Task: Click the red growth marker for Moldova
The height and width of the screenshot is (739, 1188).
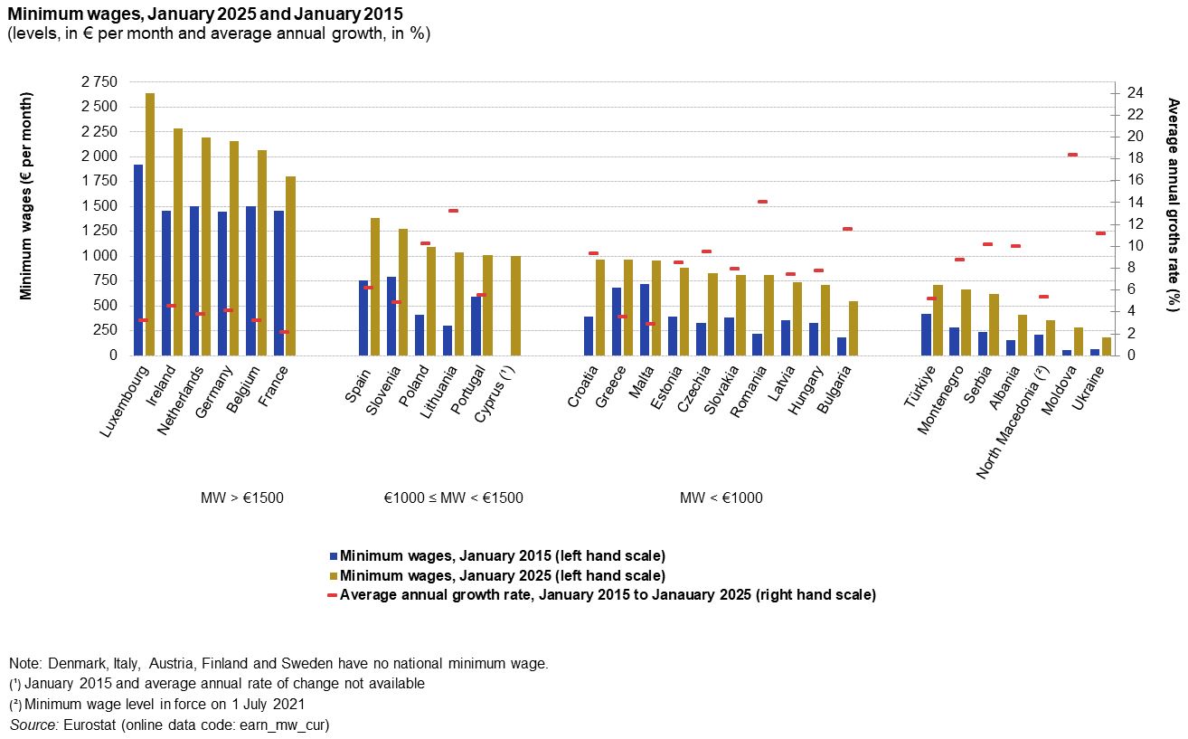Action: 1072,155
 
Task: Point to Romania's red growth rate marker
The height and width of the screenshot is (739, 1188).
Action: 762,202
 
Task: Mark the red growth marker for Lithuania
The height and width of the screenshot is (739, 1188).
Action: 453,211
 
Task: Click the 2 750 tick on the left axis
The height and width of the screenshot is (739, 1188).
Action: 99,82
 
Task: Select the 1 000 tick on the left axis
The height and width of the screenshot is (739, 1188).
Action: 99,256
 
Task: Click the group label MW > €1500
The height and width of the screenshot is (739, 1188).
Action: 241,497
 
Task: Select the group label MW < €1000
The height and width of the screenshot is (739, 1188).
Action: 721,497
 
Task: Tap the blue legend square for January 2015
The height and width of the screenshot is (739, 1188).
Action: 333,555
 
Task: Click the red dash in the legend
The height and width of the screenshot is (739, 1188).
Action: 332,595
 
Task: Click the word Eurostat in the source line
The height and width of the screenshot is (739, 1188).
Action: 90,725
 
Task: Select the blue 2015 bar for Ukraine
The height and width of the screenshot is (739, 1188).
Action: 1095,352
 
